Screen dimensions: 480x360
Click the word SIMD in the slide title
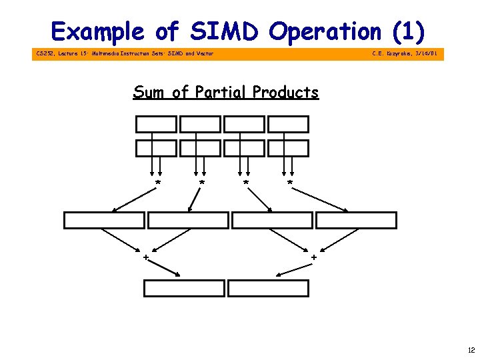point(227,31)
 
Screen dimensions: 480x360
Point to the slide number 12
point(471,350)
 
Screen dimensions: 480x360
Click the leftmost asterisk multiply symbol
point(158,182)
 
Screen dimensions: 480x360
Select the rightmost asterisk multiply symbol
point(289,182)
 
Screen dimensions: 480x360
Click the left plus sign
point(145,257)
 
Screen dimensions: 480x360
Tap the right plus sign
point(314,257)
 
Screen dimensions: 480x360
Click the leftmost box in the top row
point(156,124)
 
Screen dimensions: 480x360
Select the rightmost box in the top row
point(288,124)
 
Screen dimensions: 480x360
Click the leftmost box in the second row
point(156,148)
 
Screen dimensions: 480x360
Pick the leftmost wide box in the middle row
point(104,221)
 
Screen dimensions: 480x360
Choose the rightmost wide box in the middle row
point(356,221)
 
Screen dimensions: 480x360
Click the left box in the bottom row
point(185,288)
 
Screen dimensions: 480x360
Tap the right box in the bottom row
point(269,288)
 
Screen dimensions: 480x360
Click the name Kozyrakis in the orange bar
point(399,53)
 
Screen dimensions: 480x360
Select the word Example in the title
point(97,31)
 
